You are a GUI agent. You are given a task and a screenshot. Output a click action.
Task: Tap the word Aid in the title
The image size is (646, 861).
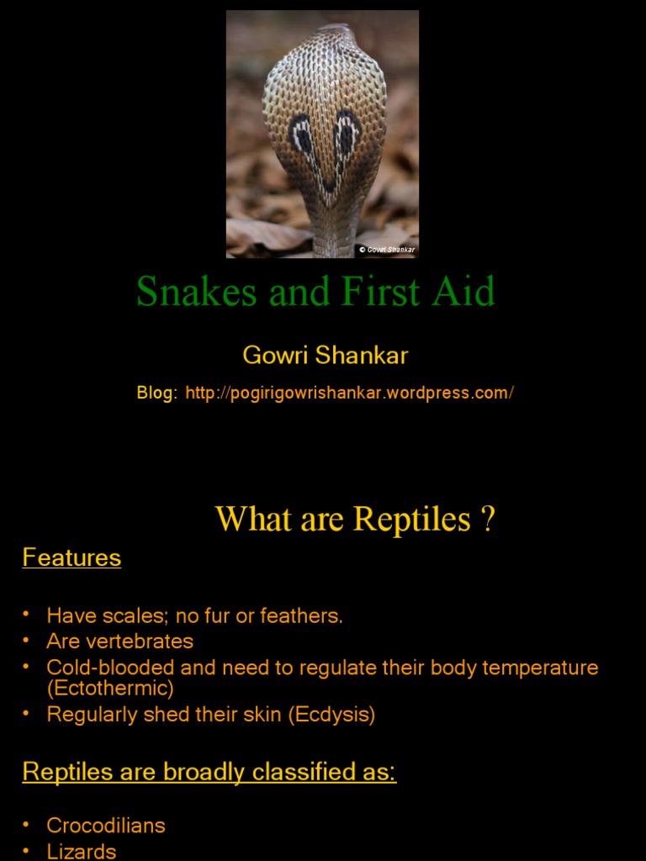(x=465, y=292)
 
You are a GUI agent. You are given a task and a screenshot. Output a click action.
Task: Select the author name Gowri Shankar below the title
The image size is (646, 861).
(x=325, y=355)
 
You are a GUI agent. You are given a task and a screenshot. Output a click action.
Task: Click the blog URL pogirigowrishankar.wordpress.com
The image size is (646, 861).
(x=349, y=394)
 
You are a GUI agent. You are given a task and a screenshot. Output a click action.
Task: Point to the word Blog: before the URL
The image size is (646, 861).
(x=157, y=394)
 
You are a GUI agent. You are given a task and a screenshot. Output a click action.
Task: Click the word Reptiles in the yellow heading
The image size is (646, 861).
(x=412, y=519)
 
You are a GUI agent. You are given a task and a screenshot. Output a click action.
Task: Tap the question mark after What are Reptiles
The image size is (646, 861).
(x=487, y=519)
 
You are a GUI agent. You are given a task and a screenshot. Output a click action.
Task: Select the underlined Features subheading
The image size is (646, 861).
(x=71, y=557)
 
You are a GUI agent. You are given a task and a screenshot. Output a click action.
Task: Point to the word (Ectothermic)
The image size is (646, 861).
(x=110, y=689)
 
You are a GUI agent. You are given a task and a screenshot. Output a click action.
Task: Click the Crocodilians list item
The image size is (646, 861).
(x=106, y=825)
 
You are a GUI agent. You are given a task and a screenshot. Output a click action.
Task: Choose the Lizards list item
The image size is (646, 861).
(x=82, y=851)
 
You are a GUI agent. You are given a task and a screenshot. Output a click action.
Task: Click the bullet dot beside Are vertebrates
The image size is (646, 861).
(x=27, y=641)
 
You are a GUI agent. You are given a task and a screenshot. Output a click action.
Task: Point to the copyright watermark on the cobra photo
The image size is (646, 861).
(x=387, y=250)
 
